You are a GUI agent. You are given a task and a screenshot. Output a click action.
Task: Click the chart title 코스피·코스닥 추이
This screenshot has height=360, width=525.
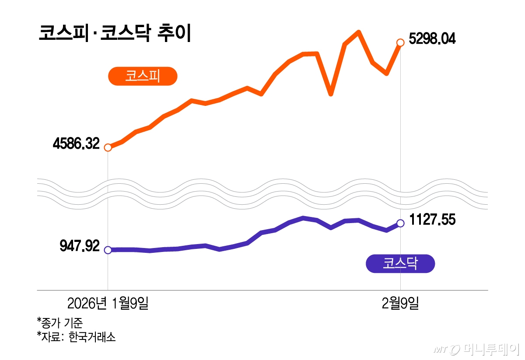pyautogui.click(x=115, y=34)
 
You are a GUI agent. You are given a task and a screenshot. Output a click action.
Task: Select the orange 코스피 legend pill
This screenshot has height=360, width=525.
pyautogui.click(x=143, y=76)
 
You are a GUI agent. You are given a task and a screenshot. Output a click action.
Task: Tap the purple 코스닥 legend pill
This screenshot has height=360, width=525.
pyautogui.click(x=400, y=263)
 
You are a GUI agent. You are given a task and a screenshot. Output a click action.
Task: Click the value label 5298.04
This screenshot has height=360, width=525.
pyautogui.click(x=432, y=39)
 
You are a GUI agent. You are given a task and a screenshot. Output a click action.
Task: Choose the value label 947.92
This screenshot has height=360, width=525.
pyautogui.click(x=80, y=246)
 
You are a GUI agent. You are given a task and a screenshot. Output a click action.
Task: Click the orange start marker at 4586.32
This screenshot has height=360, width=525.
pyautogui.click(x=108, y=147)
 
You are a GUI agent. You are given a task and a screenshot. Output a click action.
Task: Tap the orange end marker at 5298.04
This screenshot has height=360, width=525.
pyautogui.click(x=400, y=42)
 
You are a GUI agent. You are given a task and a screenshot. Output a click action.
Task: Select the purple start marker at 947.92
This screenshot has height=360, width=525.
pyautogui.click(x=108, y=250)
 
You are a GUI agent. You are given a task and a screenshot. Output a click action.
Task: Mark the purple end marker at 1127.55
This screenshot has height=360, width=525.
pyautogui.click(x=400, y=223)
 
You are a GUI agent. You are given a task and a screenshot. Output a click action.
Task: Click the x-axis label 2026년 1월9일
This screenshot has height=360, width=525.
pyautogui.click(x=108, y=303)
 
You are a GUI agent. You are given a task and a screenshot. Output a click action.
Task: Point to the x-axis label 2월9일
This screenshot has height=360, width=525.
pyautogui.click(x=400, y=303)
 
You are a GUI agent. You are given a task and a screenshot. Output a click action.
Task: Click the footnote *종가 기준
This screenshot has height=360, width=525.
pyautogui.click(x=60, y=323)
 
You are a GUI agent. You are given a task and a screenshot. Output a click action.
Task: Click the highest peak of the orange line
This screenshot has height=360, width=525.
pyautogui.click(x=358, y=32)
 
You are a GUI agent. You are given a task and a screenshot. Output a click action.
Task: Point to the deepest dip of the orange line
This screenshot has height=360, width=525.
pyautogui.click(x=331, y=94)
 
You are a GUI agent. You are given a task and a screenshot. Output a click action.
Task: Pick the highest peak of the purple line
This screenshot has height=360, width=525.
pyautogui.click(x=303, y=217)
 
